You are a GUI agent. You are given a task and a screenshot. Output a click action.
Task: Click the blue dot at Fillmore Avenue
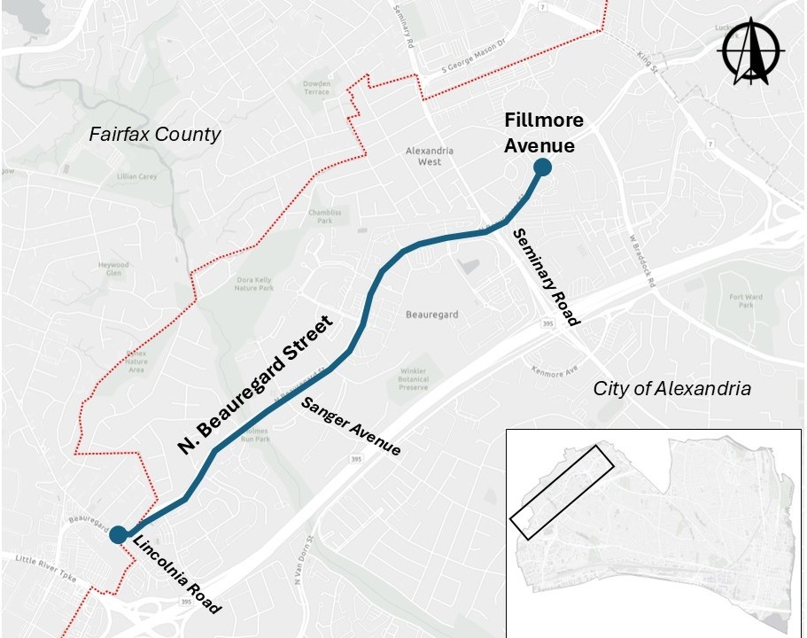542,167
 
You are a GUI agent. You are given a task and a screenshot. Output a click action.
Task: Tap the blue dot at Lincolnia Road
117,534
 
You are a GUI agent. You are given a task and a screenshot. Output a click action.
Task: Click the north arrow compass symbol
752,52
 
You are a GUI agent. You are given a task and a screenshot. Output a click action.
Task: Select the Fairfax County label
154,135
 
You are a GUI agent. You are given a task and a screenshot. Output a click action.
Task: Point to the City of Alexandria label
672,388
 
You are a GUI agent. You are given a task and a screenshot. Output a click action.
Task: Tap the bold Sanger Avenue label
351,426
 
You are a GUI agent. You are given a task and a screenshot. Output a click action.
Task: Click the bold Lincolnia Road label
176,575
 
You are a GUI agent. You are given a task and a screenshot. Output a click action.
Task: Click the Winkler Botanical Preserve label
413,379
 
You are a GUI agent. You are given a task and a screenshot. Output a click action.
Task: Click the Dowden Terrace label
316,88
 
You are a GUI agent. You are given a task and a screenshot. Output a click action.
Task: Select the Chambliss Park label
324,216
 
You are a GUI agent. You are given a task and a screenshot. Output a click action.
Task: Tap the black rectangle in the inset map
562,492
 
